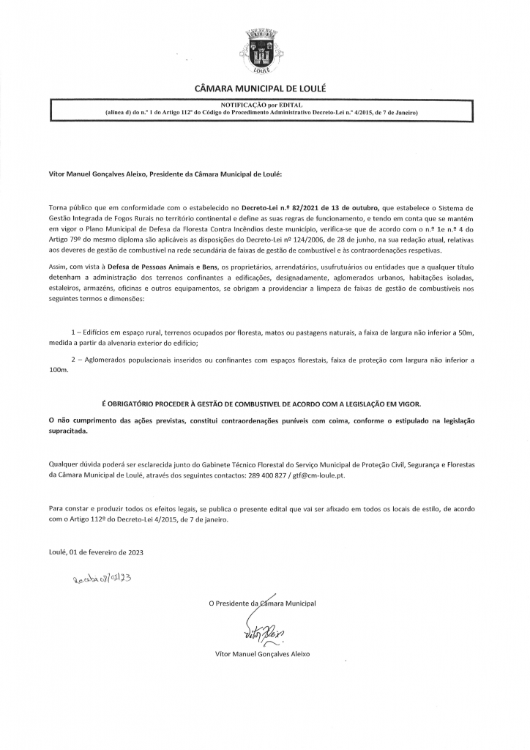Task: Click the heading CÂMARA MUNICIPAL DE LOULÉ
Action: pyautogui.click(x=260, y=89)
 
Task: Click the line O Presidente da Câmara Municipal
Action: pyautogui.click(x=262, y=604)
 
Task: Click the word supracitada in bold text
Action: pyautogui.click(x=68, y=432)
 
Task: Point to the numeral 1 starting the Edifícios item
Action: pyautogui.click(x=72, y=333)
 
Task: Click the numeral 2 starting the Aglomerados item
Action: pyautogui.click(x=72, y=360)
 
